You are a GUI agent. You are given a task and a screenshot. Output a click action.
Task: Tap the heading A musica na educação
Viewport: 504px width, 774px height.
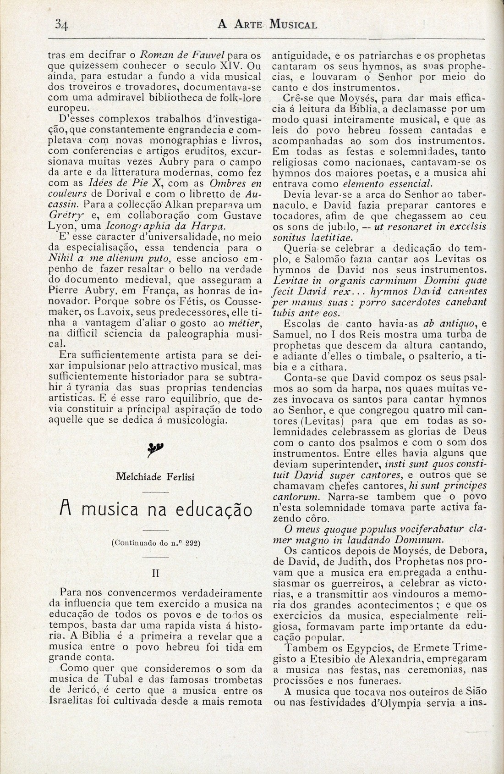(156, 509)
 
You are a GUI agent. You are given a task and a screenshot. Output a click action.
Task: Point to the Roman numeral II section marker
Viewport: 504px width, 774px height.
(156, 573)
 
